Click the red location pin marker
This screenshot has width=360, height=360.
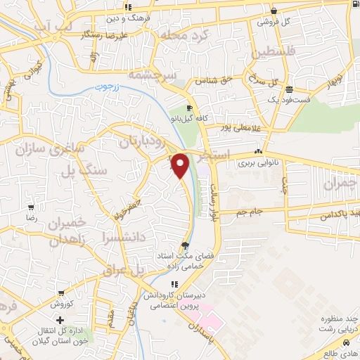tap(180, 165)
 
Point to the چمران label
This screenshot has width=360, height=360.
tap(341, 184)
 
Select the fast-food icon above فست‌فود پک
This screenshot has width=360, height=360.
tap(290, 89)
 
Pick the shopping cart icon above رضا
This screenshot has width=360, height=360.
tap(31, 207)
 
